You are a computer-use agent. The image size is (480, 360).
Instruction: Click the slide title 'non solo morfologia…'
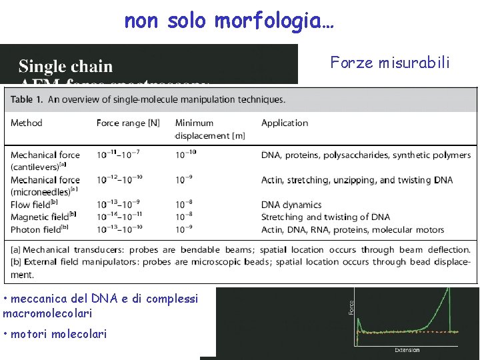point(229,21)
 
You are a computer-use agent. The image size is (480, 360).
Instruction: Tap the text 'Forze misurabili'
point(390,63)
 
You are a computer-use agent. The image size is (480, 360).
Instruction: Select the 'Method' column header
point(26,123)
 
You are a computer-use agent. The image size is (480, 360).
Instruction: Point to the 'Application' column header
point(285,123)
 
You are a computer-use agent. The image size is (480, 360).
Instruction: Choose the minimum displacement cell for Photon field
point(185,229)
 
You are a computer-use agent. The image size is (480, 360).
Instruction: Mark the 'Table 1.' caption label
point(27,99)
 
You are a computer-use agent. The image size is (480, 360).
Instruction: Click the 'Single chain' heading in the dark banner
point(65,66)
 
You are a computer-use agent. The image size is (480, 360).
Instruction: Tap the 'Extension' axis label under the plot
point(407,350)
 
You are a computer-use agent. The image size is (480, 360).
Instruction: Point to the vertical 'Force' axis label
point(351,306)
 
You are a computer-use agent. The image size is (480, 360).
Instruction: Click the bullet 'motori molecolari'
point(57,333)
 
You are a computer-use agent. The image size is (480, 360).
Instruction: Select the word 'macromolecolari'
point(47,313)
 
